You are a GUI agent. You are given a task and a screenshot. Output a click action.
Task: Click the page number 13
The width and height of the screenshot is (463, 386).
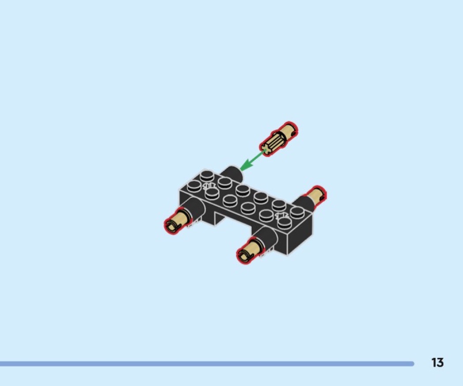(437, 362)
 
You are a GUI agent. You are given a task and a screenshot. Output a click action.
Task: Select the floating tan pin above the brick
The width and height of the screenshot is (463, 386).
(279, 139)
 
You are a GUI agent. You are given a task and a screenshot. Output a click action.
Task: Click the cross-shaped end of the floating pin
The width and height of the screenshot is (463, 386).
(266, 149)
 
